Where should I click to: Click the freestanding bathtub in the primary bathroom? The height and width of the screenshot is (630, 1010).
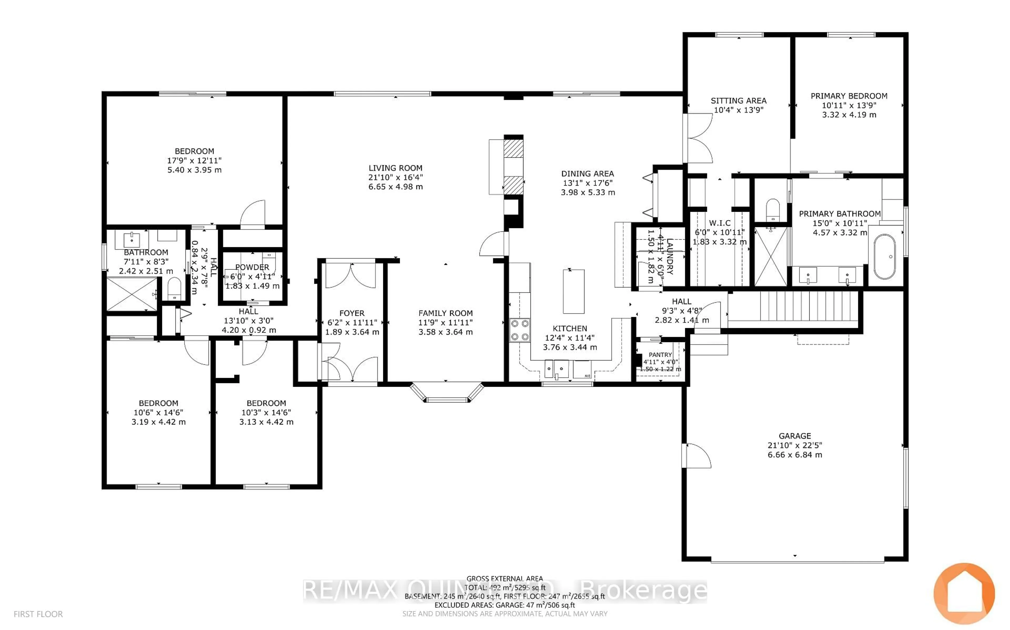[884, 257]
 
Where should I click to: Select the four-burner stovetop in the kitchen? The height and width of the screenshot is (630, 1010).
[519, 330]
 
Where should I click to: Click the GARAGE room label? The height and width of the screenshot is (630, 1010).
[795, 436]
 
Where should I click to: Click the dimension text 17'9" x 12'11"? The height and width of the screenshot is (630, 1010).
[194, 161]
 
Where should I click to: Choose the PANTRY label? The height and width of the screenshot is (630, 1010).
[660, 355]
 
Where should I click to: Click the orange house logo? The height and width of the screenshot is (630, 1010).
[964, 594]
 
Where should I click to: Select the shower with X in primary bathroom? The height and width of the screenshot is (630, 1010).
[771, 256]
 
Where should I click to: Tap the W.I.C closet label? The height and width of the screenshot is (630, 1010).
[720, 223]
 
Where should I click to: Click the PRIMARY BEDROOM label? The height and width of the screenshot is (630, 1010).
[849, 96]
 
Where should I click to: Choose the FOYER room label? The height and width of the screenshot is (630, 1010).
[352, 313]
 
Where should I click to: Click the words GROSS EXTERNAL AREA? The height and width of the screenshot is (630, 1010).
[504, 578]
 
